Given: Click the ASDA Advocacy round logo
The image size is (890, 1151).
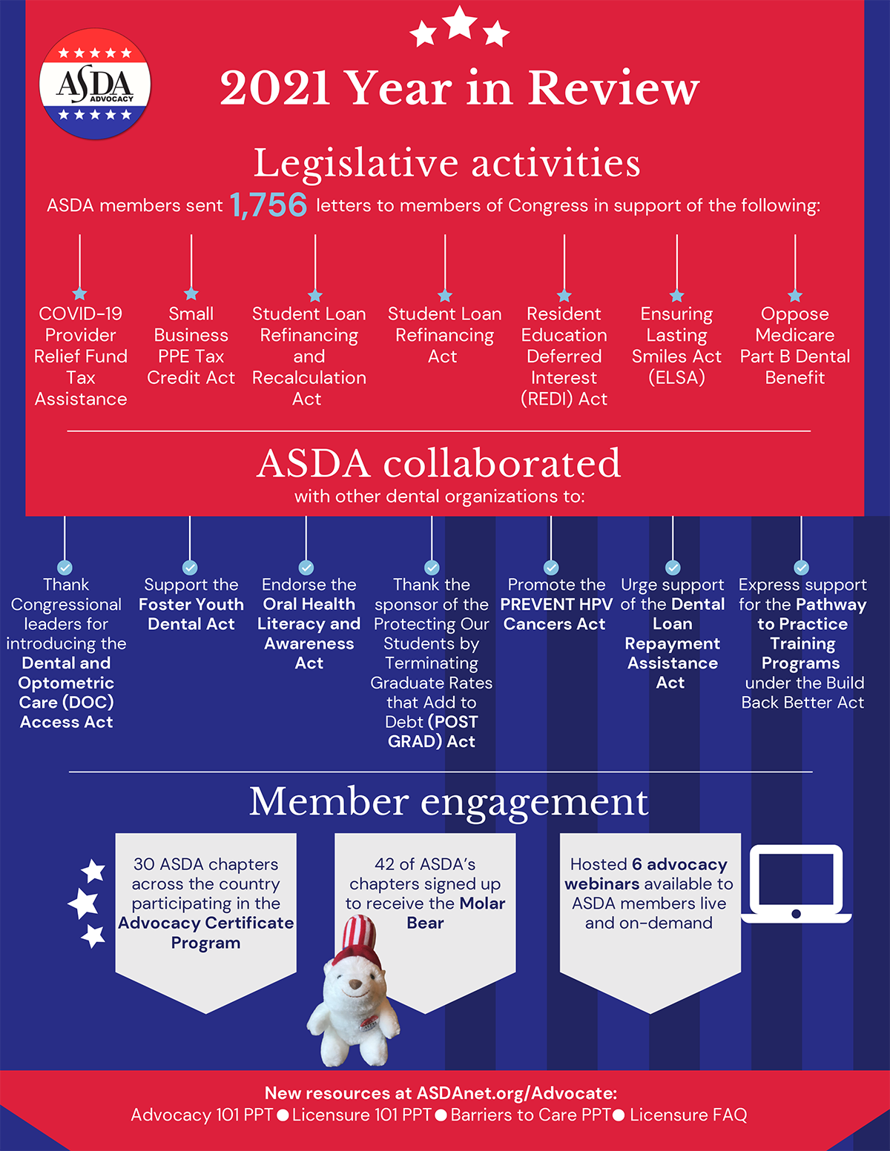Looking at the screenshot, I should (x=95, y=84).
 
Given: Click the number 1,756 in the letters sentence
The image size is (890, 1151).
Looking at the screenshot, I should (x=268, y=205).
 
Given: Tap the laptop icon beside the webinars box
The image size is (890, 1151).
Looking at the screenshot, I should (x=796, y=883).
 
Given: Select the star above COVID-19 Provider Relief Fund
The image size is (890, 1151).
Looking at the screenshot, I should (x=80, y=293).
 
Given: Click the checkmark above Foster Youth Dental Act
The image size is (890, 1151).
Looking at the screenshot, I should (x=190, y=568).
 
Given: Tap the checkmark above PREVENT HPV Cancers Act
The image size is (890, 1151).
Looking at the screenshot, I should (x=551, y=568).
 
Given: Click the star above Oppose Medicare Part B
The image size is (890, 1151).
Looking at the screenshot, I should (x=795, y=295).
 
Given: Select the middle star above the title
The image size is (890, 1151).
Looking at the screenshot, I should (x=460, y=23).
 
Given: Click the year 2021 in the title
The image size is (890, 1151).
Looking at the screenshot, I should (x=274, y=88).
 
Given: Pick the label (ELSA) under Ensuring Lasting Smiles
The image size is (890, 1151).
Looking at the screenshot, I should (x=676, y=377).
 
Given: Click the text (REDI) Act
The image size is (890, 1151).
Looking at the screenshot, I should (x=564, y=399).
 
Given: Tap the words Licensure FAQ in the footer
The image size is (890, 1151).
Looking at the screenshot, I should (x=688, y=1115).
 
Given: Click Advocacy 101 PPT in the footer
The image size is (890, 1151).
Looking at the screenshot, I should (x=202, y=1115).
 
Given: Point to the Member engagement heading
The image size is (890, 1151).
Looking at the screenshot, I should (x=449, y=801).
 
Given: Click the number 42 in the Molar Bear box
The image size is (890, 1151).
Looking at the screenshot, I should (x=385, y=864).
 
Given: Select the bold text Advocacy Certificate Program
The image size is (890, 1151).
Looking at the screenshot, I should (x=205, y=932).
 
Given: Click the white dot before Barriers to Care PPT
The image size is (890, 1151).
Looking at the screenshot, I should (x=441, y=1115).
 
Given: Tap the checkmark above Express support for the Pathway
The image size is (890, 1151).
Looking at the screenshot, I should (x=801, y=568).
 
